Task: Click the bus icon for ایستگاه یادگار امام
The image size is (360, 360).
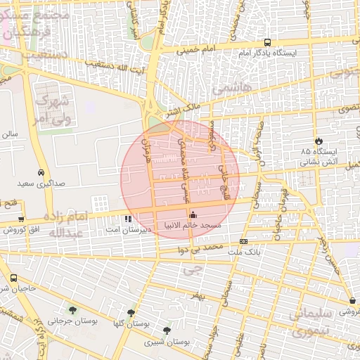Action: point(266,42)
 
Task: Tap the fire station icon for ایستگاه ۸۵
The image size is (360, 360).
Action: point(319,141)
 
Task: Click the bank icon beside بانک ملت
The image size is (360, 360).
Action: point(243,241)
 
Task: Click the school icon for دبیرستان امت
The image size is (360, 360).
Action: point(128,219)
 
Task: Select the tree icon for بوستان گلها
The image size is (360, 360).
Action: point(131,313)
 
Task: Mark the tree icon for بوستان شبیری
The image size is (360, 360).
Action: point(167,330)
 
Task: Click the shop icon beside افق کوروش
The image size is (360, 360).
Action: point(21,219)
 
